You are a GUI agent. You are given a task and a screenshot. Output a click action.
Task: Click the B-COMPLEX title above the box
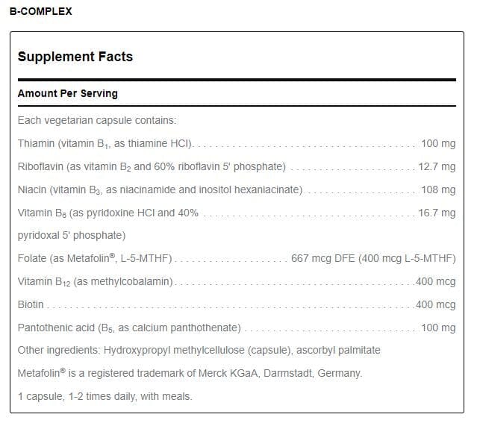40,11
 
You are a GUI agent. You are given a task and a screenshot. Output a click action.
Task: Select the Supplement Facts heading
75,57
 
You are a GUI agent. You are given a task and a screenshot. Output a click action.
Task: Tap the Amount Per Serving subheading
67,94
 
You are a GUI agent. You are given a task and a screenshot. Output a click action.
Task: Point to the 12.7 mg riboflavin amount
437,166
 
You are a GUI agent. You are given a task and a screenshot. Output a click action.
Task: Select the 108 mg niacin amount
438,189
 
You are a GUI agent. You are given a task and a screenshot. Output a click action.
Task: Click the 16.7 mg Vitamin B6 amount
437,213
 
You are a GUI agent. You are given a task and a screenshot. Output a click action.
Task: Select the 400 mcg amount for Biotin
436,304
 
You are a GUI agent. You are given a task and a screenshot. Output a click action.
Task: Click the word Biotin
31,304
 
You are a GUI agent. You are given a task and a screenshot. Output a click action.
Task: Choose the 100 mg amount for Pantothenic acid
438,328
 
